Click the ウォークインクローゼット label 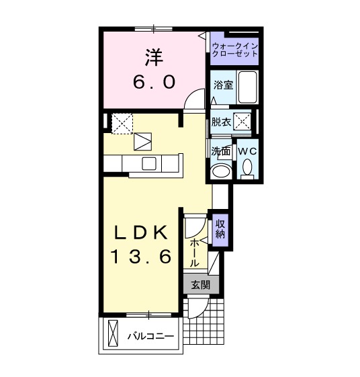[x=234, y=49]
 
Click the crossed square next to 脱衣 [x=242, y=120]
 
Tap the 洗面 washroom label [x=220, y=151]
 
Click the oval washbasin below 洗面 [x=220, y=171]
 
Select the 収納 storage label [x=220, y=230]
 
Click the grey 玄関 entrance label [x=199, y=285]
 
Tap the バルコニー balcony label [x=151, y=335]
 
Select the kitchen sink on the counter [x=148, y=163]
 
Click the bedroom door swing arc [x=195, y=99]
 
